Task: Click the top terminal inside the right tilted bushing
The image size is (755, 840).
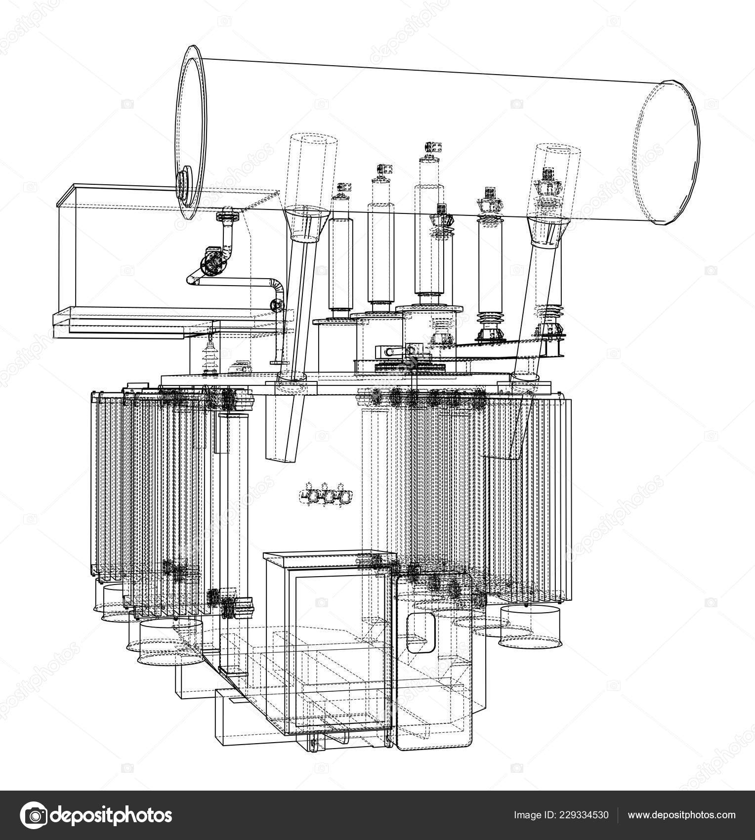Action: click(x=547, y=174)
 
